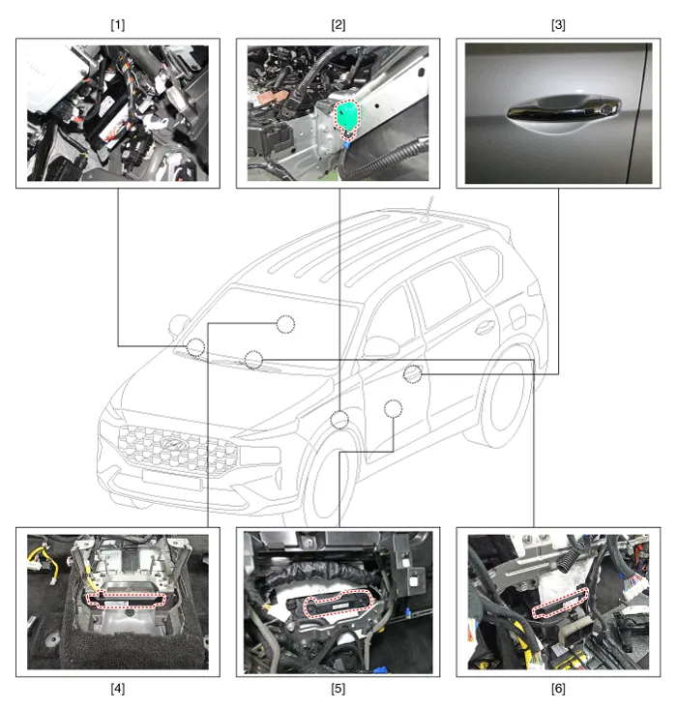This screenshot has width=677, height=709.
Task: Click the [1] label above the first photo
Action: click(x=118, y=25)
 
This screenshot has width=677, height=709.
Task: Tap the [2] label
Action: click(x=338, y=25)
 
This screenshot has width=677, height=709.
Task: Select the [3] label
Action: click(x=558, y=25)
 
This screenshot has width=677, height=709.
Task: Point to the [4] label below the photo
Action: click(x=118, y=689)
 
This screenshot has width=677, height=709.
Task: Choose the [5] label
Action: click(x=338, y=689)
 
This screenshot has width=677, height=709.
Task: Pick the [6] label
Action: click(x=558, y=689)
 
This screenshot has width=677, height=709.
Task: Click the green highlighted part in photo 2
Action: click(x=347, y=116)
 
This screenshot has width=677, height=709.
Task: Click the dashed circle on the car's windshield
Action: click(x=285, y=325)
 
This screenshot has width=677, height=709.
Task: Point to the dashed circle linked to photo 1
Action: click(x=195, y=347)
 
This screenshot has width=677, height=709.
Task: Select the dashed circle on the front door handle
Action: click(x=412, y=374)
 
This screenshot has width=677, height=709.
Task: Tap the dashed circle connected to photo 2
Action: click(x=339, y=420)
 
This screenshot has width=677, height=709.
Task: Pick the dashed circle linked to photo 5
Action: click(x=393, y=409)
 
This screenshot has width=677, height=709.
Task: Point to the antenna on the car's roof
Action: click(x=427, y=209)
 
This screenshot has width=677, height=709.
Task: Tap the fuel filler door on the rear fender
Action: click(x=517, y=317)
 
